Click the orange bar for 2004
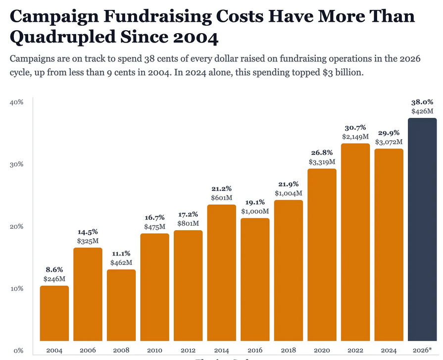pyautogui.click(x=54, y=313)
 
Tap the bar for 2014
pyautogui.click(x=221, y=273)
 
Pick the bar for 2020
pyautogui.click(x=322, y=255)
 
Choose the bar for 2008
pyautogui.click(x=121, y=305)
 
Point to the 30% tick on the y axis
pyautogui.click(x=17, y=164)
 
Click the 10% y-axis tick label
pyautogui.click(x=17, y=288)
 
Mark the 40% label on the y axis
pyautogui.click(x=17, y=103)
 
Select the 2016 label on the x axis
pyautogui.click(x=255, y=350)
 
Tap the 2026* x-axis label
pyautogui.click(x=422, y=350)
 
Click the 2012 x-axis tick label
pyautogui.click(x=188, y=350)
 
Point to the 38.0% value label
pyautogui.click(x=422, y=103)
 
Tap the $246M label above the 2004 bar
pyautogui.click(x=54, y=279)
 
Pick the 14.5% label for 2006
pyautogui.click(x=88, y=232)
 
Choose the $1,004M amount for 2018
pyautogui.click(x=289, y=193)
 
